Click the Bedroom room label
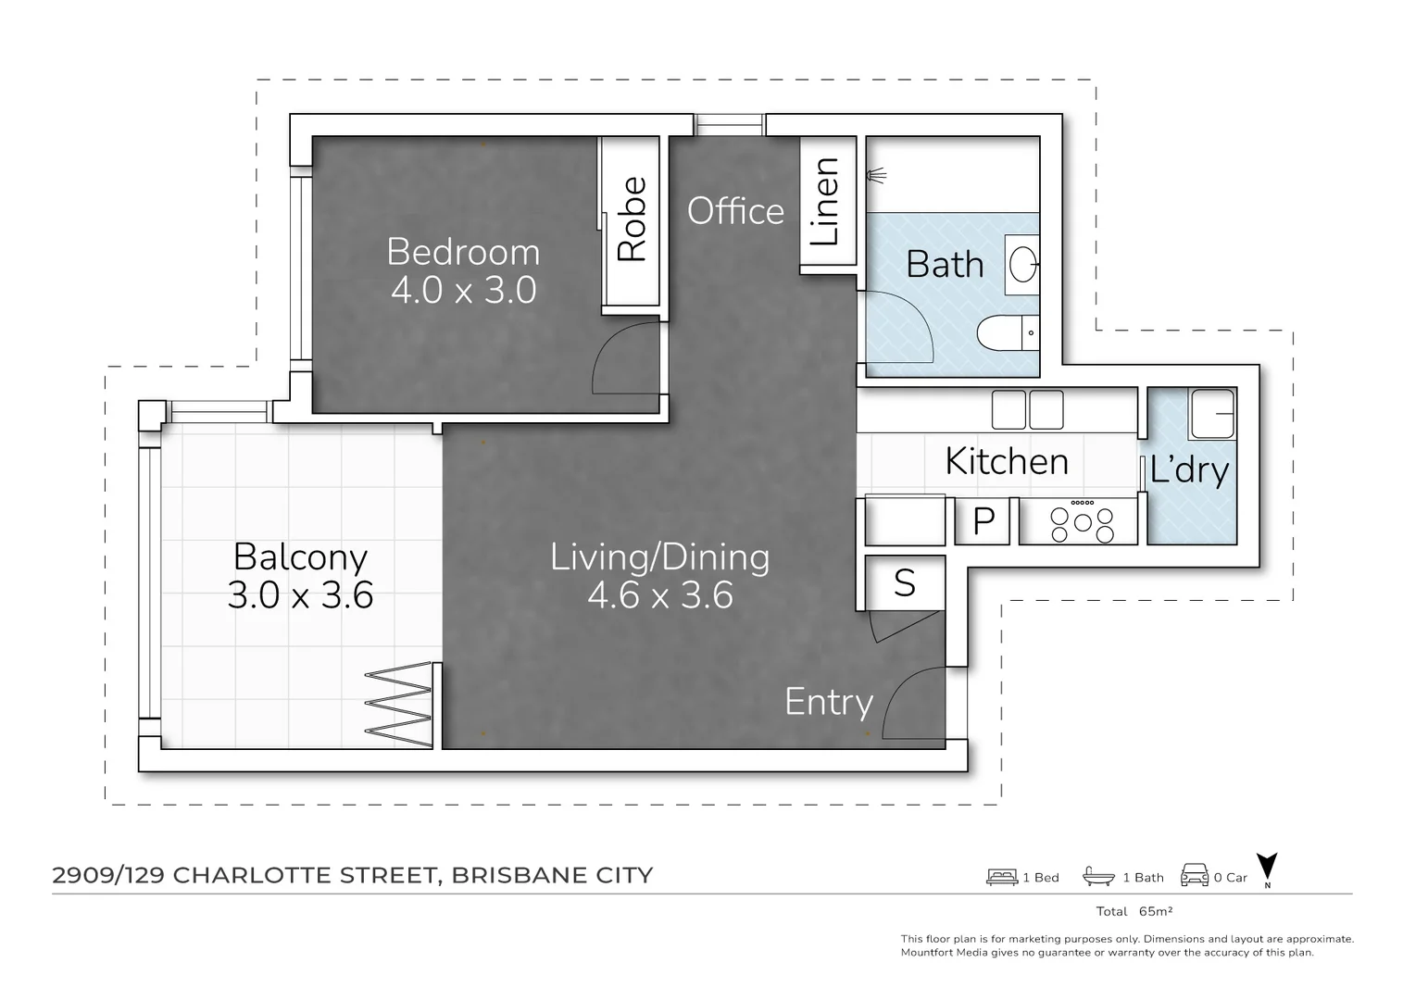pyautogui.click(x=462, y=252)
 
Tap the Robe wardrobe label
pyautogui.click(x=632, y=219)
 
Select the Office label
pyautogui.click(x=735, y=211)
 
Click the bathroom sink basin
pyautogui.click(x=1022, y=264)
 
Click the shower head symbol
pyautogui.click(x=876, y=174)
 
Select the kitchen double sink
pyautogui.click(x=1028, y=409)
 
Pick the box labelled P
pyautogui.click(x=983, y=522)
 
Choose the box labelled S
pyautogui.click(x=905, y=583)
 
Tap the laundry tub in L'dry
pyautogui.click(x=1212, y=413)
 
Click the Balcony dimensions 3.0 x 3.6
pyautogui.click(x=300, y=594)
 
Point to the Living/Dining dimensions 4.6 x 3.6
pyautogui.click(x=659, y=594)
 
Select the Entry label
pyautogui.click(x=828, y=702)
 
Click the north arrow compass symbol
pyautogui.click(x=1267, y=869)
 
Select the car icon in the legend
pyautogui.click(x=1194, y=876)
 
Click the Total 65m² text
pyautogui.click(x=1134, y=911)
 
